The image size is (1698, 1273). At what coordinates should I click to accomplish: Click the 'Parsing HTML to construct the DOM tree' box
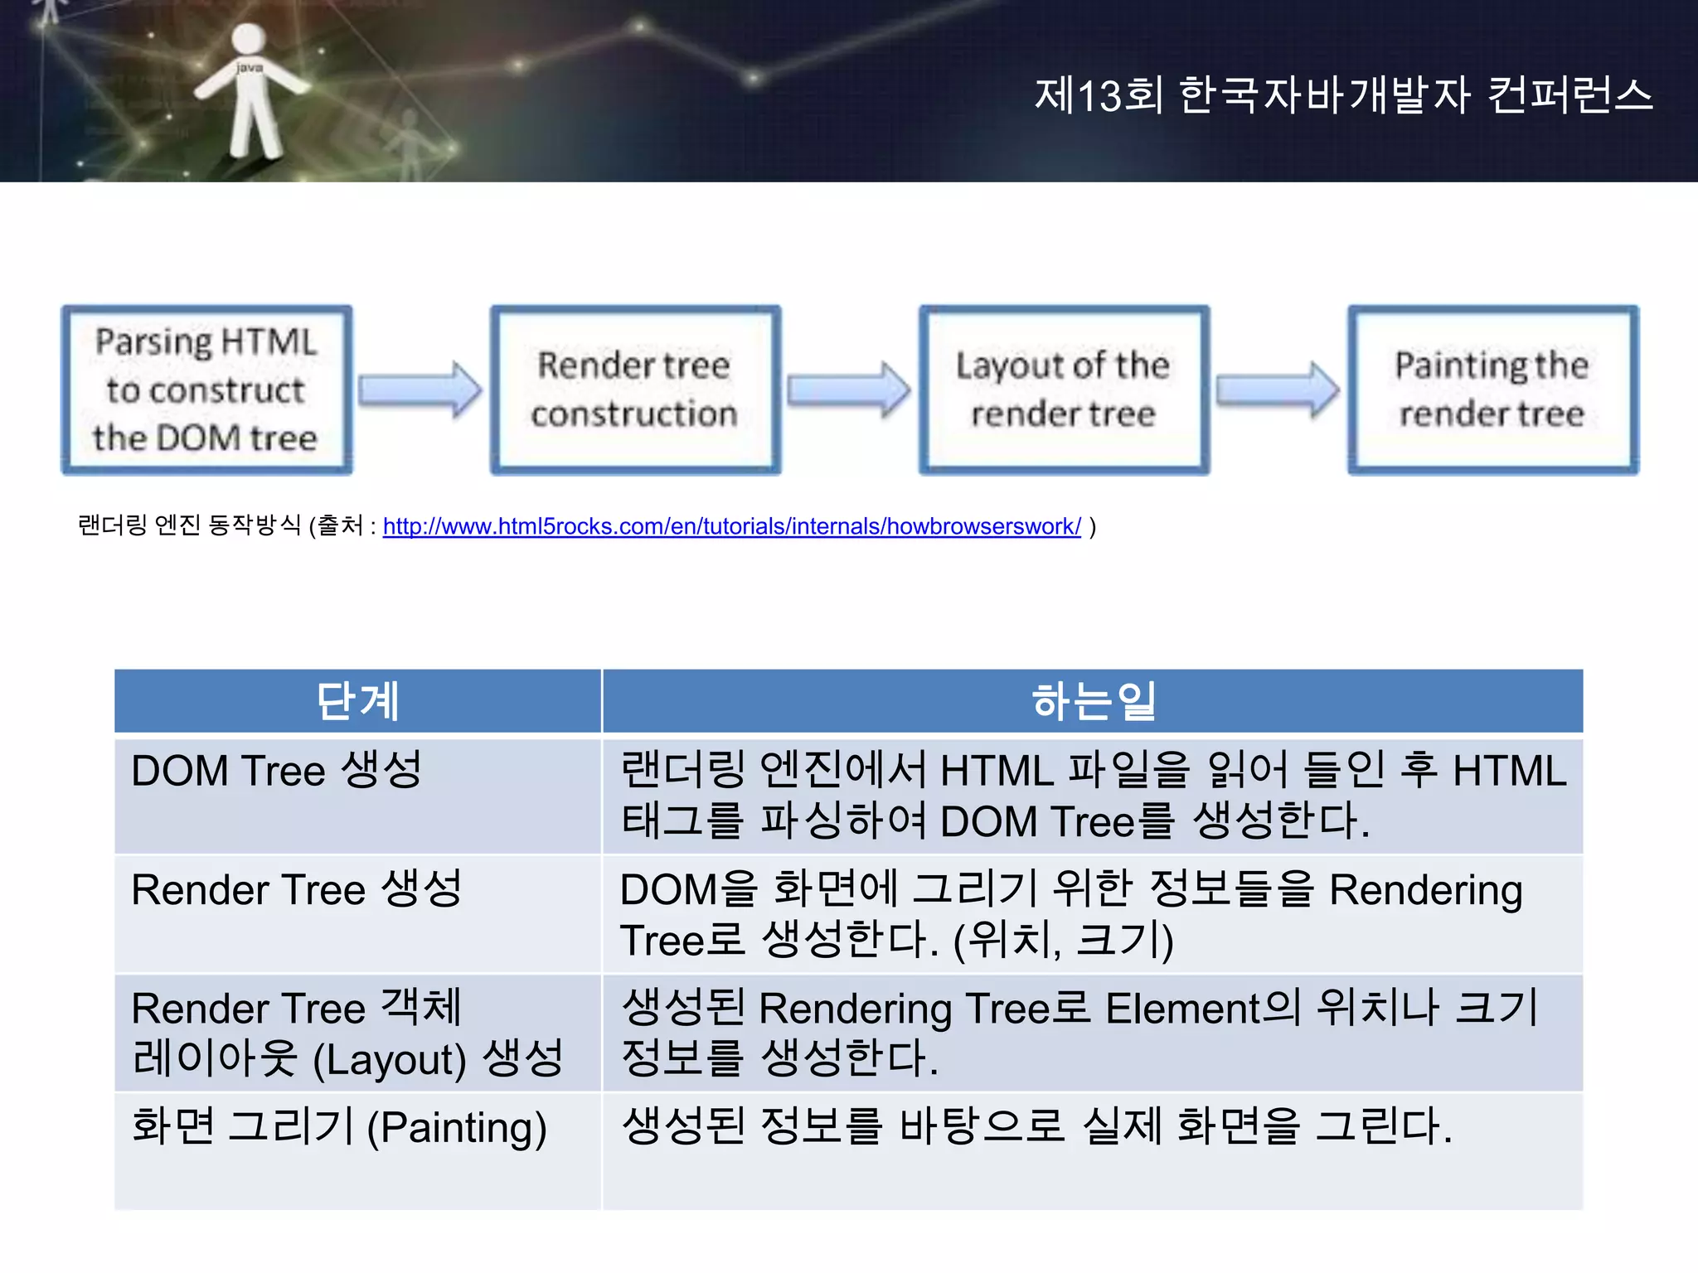206,390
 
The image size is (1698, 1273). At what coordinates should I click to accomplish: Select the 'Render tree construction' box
635,390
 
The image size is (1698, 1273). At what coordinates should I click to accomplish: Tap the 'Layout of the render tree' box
1064,390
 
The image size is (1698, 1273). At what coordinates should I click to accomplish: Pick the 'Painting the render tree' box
1492,390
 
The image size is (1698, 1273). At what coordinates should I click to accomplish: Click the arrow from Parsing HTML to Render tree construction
420,390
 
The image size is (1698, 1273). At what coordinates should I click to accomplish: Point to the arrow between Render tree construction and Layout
849,390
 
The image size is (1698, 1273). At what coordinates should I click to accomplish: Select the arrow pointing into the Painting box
1278,390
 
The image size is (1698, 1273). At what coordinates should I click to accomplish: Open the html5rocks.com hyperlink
731,526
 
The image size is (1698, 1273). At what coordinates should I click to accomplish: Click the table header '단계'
357,701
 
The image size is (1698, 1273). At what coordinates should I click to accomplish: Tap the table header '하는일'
1093,701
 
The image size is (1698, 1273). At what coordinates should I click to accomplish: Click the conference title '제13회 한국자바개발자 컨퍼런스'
1343,94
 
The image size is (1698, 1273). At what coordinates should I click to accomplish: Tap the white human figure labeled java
249,91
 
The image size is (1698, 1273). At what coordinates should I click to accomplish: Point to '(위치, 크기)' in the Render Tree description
1063,941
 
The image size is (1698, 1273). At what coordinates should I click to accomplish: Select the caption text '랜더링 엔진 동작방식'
189,525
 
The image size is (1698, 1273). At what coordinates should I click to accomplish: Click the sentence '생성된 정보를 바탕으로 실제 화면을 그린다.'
1036,1127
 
